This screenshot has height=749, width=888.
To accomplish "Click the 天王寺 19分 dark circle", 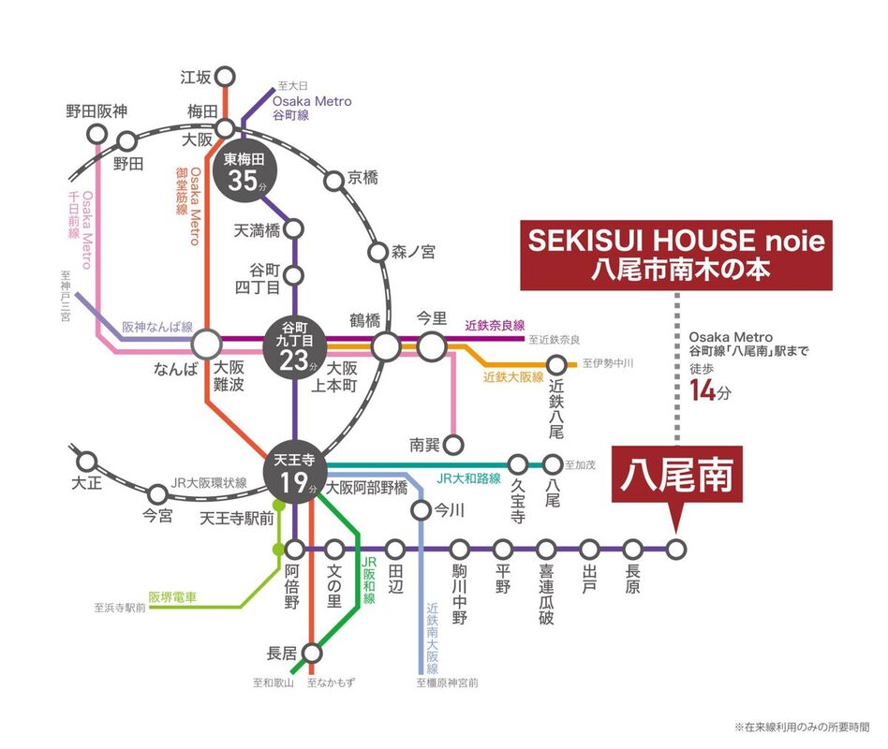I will (x=295, y=473).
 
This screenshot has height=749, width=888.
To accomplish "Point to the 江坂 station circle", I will (x=225, y=77).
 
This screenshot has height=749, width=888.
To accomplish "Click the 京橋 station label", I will (x=363, y=177).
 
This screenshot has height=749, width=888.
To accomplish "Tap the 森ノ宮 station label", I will (x=411, y=251).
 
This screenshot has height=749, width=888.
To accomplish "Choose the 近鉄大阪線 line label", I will (x=513, y=378).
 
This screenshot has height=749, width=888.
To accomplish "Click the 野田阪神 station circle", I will (x=96, y=133).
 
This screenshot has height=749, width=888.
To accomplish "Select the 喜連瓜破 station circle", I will (x=546, y=550).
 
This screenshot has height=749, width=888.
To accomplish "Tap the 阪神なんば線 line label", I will (x=157, y=328).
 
